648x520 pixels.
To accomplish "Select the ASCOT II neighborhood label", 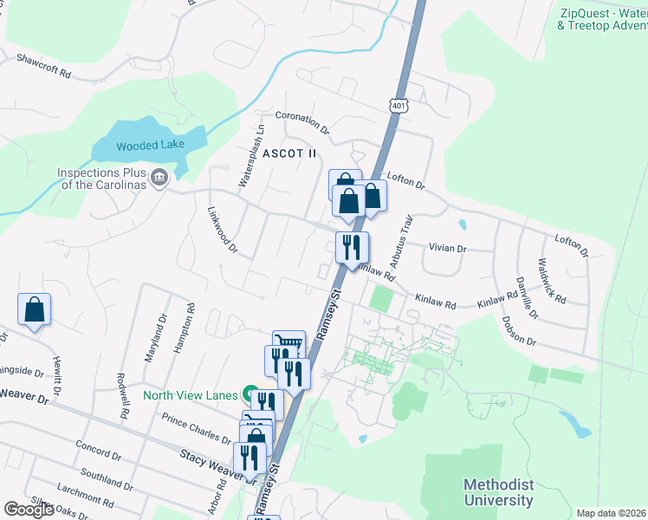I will (x=289, y=153).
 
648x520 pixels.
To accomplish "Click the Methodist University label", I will (x=498, y=492).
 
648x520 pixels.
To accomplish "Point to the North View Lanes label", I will (x=190, y=395).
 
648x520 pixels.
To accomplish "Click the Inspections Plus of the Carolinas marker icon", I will (x=159, y=178).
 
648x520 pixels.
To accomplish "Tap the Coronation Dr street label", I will (x=302, y=121).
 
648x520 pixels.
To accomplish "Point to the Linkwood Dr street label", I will (x=223, y=230).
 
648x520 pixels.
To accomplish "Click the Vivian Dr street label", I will (x=448, y=248).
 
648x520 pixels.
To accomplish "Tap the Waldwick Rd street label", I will (x=551, y=280).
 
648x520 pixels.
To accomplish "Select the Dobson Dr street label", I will (x=518, y=331).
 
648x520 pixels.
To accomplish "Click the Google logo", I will (x=29, y=510).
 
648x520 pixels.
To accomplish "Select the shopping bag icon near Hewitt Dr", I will (x=34, y=309).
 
